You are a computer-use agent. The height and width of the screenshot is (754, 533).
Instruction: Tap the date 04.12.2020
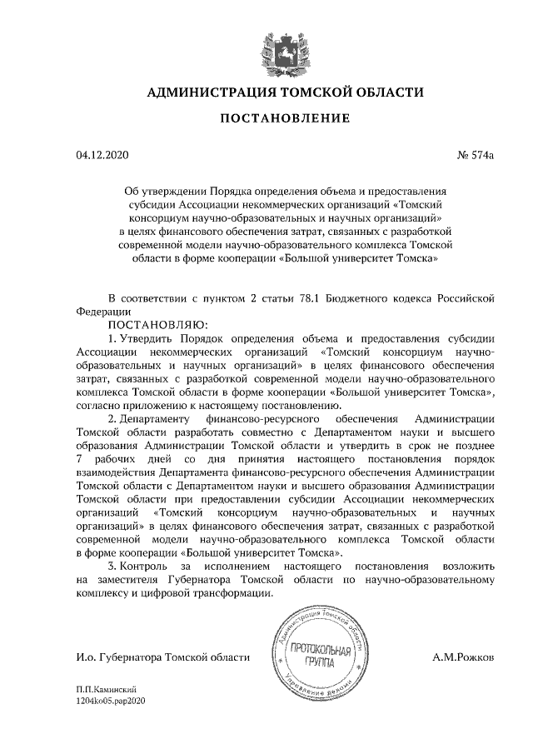[102, 155]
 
